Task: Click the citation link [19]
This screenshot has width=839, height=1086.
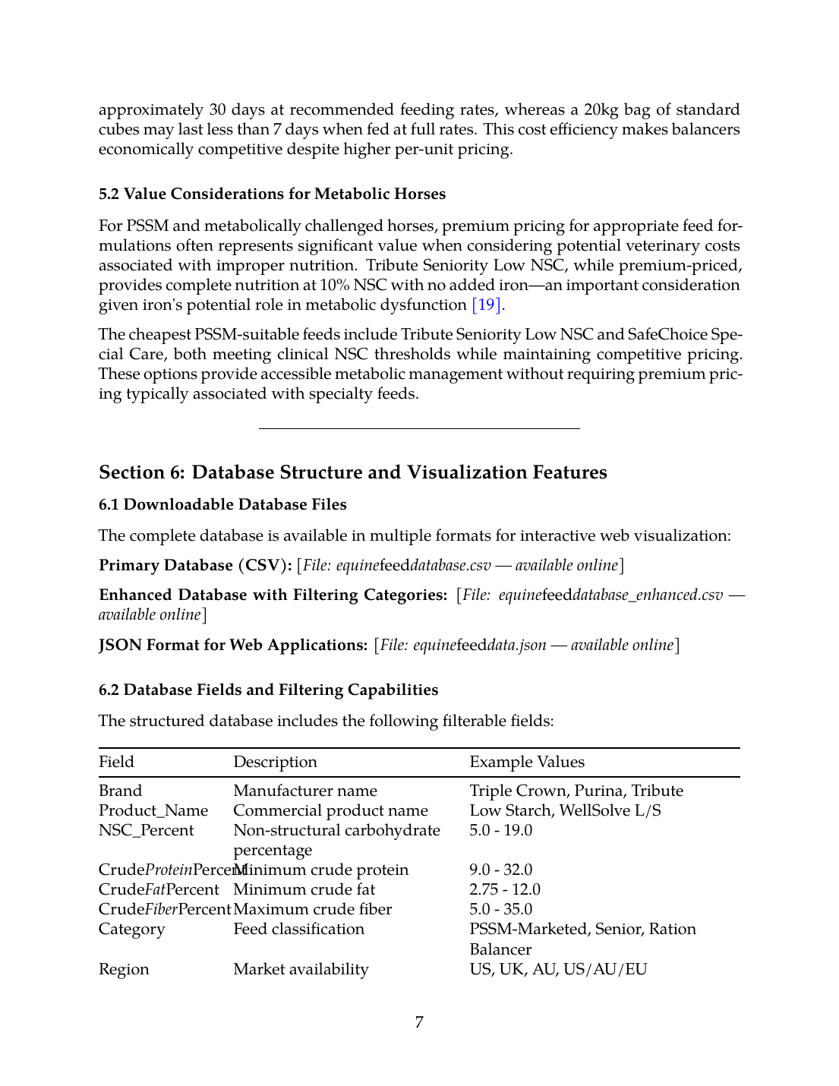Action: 486,305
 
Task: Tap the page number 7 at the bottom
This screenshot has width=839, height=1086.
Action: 419,1022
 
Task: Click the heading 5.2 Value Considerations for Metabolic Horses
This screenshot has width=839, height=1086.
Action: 272,194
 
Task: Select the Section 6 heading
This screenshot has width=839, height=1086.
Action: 352,472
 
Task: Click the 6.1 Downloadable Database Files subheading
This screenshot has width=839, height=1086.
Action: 222,505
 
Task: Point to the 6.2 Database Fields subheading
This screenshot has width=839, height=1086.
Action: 268,690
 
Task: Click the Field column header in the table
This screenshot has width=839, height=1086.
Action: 116,762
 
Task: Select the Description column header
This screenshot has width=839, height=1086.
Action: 275,762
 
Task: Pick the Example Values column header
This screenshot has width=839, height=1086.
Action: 527,762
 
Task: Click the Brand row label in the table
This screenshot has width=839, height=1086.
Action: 120,791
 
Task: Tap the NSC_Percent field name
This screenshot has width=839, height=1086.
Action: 146,831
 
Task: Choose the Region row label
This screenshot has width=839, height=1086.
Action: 124,970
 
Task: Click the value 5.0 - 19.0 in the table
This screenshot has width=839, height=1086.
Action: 500,831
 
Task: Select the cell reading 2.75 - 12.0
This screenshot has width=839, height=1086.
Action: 504,890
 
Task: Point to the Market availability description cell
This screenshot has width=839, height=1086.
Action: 301,970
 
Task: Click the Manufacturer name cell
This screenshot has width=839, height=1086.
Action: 304,791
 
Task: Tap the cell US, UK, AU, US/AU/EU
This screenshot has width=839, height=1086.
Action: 558,970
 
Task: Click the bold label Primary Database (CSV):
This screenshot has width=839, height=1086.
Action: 195,566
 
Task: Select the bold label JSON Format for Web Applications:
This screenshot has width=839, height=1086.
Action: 233,646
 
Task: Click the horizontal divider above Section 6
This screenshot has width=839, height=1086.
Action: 419,429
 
